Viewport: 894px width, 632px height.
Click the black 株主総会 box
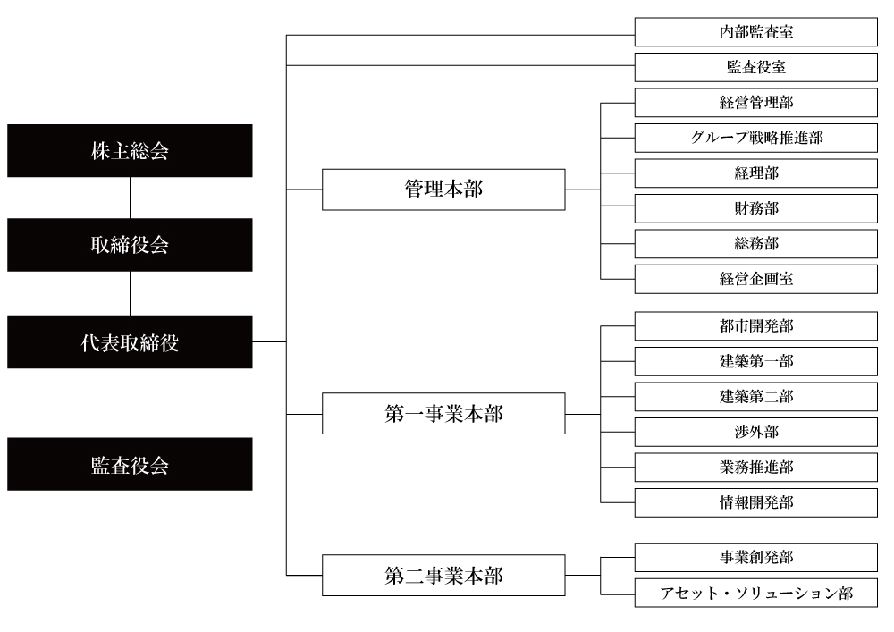pos(131,150)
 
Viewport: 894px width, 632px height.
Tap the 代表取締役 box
pos(131,342)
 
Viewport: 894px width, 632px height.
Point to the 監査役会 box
pos(131,465)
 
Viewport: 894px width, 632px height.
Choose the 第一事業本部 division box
pos(443,415)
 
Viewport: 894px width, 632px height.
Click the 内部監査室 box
pos(756,33)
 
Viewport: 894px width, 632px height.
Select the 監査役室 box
pos(756,68)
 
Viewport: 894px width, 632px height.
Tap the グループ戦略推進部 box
pos(756,138)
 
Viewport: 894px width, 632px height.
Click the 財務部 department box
pos(756,208)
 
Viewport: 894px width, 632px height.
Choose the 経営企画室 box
pos(756,279)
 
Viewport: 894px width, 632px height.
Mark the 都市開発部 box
pos(756,326)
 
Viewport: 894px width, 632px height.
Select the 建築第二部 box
pos(756,396)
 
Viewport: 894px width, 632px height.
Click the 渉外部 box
pos(756,432)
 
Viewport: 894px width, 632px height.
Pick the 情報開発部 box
pos(756,501)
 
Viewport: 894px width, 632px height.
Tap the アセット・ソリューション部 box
pos(756,594)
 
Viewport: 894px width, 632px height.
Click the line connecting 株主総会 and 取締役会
pos(131,198)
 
